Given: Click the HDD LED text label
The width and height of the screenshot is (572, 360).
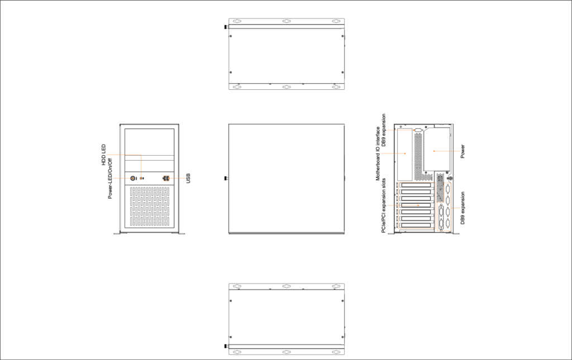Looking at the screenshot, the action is pos(103,155).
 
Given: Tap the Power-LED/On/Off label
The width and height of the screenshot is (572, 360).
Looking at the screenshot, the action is pos(110,178).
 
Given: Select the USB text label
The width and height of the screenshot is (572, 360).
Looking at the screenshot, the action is pos(188,178).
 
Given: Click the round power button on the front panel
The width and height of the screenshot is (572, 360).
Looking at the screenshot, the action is pos(133,178).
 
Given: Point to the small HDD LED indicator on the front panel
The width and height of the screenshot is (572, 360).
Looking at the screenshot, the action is pos(141,178).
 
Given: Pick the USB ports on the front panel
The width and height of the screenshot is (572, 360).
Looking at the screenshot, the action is pos(166,178).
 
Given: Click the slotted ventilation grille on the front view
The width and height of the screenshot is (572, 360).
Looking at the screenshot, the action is pos(149,207).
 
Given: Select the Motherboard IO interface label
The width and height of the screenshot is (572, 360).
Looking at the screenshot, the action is pos(378,153).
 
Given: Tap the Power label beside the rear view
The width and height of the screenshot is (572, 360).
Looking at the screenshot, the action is pos(463,151).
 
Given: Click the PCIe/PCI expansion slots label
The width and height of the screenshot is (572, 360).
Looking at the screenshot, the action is pos(383,205).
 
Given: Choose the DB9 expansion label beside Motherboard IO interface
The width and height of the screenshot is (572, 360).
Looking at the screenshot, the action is pos(383,131).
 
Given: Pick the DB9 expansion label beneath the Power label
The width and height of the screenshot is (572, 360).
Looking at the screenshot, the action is pos(463,208).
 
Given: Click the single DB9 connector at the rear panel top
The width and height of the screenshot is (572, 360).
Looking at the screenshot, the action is pos(418,129).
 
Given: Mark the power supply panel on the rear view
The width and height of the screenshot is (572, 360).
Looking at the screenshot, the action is pos(436,150).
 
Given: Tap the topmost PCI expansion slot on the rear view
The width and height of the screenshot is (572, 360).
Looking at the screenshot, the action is pos(416,185).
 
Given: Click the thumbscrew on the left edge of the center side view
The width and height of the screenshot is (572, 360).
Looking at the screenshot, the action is pos(226,178).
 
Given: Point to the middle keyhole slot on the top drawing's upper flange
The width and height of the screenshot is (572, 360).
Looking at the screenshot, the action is pos(287,21).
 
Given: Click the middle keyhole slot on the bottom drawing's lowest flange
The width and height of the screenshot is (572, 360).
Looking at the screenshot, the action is pos(287,352).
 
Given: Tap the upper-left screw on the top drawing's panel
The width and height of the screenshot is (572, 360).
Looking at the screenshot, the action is pos(231,36).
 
